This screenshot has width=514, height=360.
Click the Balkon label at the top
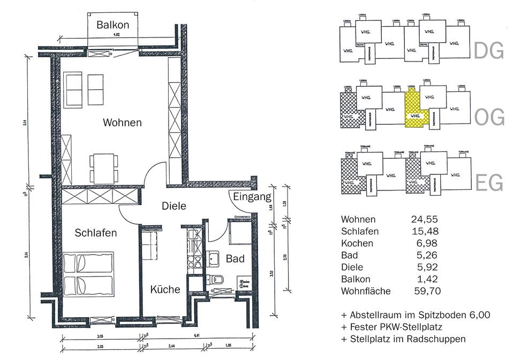tap(113, 25)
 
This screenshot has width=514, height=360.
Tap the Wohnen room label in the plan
tap(122, 122)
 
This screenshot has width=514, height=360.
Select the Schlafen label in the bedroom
tap(96, 233)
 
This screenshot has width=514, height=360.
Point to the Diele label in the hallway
tap(173, 205)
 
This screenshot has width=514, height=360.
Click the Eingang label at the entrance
tap(252, 197)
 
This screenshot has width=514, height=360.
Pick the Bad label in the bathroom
tap(235, 259)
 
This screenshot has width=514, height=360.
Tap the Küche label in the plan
tap(165, 289)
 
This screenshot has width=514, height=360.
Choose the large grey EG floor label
tap(489, 183)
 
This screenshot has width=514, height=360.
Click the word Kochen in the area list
tap(357, 243)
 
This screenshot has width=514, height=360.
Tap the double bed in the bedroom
tap(88, 274)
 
